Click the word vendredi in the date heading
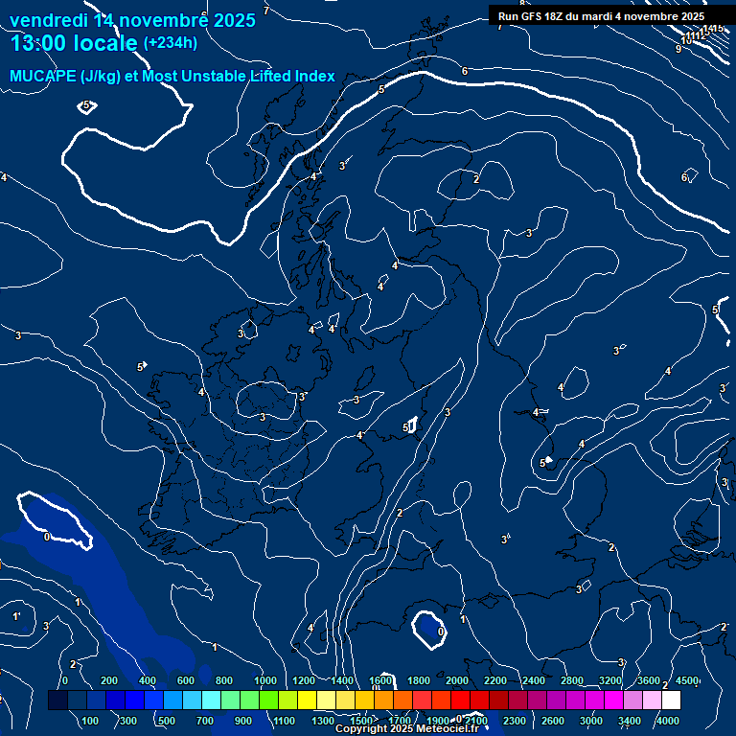48,19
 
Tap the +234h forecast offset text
170,42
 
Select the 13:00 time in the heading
42,43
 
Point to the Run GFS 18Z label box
601,15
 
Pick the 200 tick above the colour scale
108,680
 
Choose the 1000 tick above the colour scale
264,680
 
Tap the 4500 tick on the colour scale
687,680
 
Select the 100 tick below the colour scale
91,720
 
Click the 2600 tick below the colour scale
553,720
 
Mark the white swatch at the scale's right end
698,700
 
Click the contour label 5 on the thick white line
381,89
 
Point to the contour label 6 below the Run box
465,71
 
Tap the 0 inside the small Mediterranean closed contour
440,632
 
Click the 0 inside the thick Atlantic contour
47,537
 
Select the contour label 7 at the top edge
266,10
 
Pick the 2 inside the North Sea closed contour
476,179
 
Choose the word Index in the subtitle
313,77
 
